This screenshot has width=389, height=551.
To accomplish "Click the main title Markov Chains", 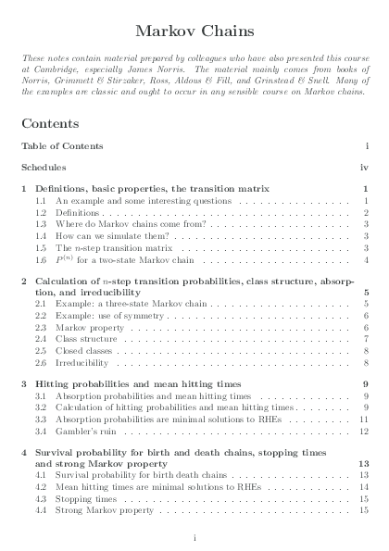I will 194,31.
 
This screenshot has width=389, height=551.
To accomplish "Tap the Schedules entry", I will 44,168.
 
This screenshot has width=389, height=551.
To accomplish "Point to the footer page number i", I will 194,536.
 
